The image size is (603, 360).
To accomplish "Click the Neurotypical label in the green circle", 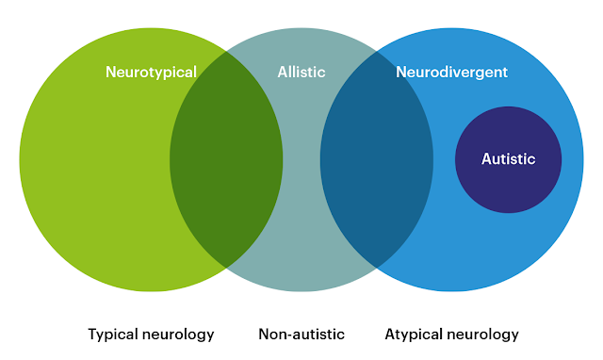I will tap(151, 72).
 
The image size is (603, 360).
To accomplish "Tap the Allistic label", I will tap(301, 72).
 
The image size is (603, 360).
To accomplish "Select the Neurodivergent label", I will tap(451, 72).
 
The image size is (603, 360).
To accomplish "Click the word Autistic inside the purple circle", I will tap(508, 159).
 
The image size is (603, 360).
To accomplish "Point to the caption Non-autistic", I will tap(301, 334).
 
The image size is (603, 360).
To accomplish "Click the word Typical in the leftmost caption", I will tap(112, 335).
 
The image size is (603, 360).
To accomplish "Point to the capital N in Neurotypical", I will tap(110, 72).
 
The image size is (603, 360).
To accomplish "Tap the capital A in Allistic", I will tap(282, 72).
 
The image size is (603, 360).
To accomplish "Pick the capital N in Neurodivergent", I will tap(401, 72).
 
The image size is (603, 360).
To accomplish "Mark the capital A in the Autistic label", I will tap(486, 159).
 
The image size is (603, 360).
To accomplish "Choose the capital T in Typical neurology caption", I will tap(91, 334).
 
